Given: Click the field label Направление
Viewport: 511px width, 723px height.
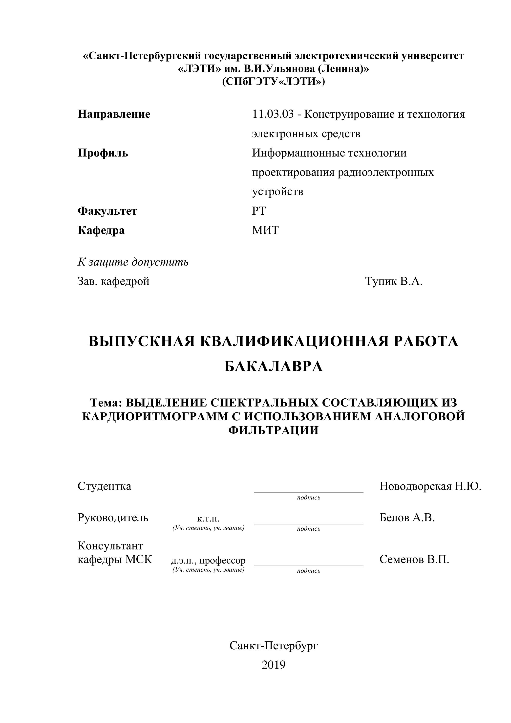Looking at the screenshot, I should point(114,114).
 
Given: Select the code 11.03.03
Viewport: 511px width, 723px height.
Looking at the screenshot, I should point(273,114).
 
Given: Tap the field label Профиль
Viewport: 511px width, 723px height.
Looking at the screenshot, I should point(103,153).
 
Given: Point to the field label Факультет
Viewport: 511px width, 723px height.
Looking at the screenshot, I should point(107,211).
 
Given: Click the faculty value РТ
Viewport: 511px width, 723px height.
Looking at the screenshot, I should point(259,211).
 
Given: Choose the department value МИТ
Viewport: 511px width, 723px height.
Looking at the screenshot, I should point(265,230).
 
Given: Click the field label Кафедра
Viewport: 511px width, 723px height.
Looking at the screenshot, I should point(101,230).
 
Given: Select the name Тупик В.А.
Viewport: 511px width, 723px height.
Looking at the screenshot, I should point(394,281).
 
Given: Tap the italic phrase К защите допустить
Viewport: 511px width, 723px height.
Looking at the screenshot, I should point(133,262).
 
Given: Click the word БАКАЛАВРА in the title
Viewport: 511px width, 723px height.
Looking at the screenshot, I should point(274,366).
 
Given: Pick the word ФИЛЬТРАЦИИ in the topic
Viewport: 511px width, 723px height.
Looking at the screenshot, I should point(274,430).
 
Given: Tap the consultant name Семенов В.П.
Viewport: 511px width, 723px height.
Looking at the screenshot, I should point(414,559).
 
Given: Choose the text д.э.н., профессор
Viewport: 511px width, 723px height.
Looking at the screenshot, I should point(208,561).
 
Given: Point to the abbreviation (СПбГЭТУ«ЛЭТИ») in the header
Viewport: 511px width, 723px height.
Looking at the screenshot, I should point(274,82).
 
